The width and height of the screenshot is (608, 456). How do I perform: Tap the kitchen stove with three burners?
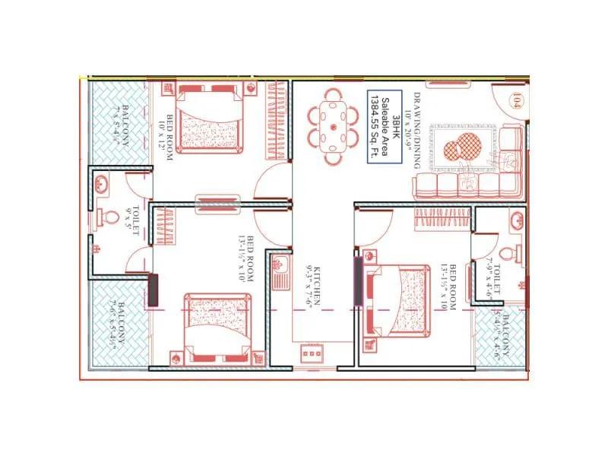tap(312, 353)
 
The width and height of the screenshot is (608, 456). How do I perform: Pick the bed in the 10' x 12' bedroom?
tap(210, 120)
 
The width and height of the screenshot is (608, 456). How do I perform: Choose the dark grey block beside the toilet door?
tap(154, 290)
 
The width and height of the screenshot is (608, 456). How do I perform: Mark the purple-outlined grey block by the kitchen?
tap(358, 281)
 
